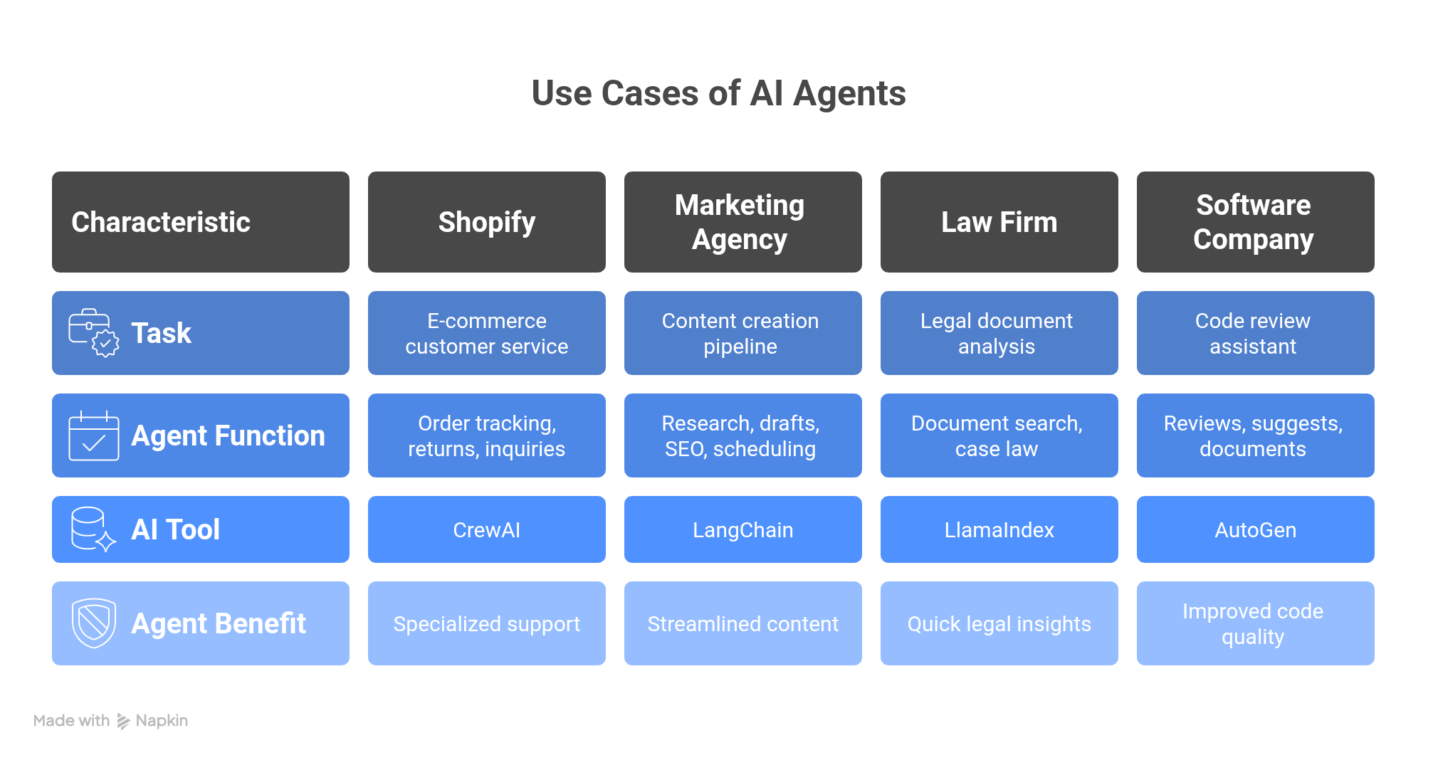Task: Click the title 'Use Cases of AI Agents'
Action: coord(718,93)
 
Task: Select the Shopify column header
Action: coord(487,222)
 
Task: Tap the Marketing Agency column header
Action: coord(742,222)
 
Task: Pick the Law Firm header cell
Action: coord(999,222)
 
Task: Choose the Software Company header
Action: coord(1255,222)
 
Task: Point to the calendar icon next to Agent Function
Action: coord(94,436)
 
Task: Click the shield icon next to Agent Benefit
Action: coord(94,623)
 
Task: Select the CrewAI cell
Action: coord(487,530)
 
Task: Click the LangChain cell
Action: coord(742,530)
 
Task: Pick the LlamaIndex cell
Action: coord(999,530)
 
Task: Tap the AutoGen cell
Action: coord(1255,530)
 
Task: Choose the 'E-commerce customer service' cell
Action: coord(487,333)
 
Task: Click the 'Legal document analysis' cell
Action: coord(999,333)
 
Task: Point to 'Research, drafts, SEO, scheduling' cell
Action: coord(742,436)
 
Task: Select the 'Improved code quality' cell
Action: coord(1255,623)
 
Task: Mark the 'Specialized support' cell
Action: coord(487,624)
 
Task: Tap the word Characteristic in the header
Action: coord(161,222)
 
